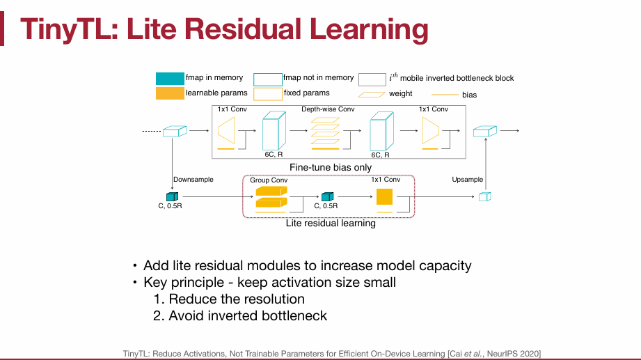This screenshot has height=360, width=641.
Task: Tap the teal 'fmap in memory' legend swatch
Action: point(169,78)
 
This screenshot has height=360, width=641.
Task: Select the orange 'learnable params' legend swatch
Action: point(169,93)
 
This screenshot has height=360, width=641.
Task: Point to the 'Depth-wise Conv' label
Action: point(328,109)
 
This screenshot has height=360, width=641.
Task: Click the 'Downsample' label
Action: point(193,180)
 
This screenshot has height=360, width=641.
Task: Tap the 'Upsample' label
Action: point(467,180)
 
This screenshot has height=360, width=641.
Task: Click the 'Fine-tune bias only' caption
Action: point(330,167)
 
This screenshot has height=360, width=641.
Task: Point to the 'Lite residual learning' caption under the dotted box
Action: point(331,224)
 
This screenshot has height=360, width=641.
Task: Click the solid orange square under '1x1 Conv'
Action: point(385,196)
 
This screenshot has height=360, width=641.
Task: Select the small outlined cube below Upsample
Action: point(485,197)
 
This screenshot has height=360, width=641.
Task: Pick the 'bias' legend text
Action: point(469,95)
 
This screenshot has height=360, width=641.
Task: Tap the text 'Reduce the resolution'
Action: point(237,299)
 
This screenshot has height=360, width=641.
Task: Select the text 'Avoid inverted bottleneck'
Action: point(248,315)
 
